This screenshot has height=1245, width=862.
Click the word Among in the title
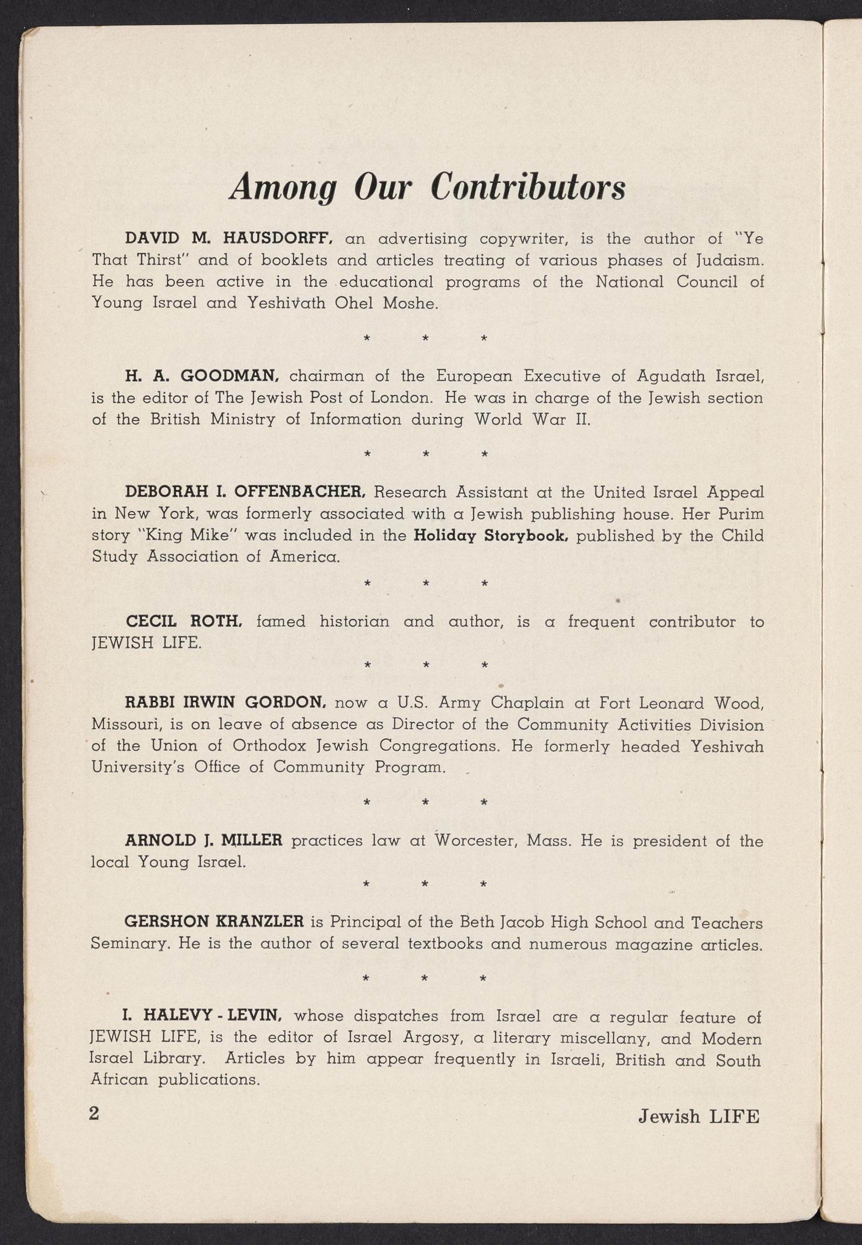(x=282, y=187)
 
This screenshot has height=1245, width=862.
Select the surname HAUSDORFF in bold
(x=280, y=238)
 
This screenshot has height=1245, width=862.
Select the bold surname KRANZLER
(x=259, y=922)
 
